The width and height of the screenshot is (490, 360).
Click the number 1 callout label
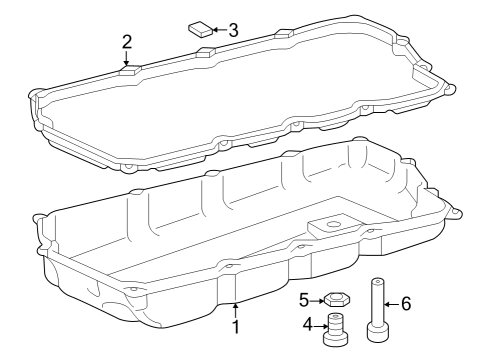tap(236, 326)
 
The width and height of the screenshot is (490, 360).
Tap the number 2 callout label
tap(127, 42)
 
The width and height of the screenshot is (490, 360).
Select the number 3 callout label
tap(232, 30)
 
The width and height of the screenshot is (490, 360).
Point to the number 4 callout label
tap(308, 323)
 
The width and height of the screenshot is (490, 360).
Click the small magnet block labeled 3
tap(200, 27)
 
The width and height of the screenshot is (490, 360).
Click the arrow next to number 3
tap(219, 30)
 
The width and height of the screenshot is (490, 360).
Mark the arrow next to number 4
tap(321, 323)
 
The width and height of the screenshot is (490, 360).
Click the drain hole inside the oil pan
tap(335, 226)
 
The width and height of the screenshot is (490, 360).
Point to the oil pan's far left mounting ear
tap(40, 216)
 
